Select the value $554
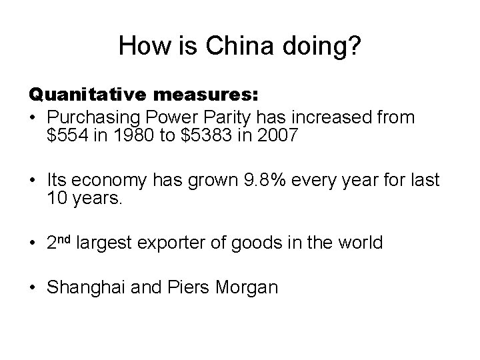click(x=67, y=137)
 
